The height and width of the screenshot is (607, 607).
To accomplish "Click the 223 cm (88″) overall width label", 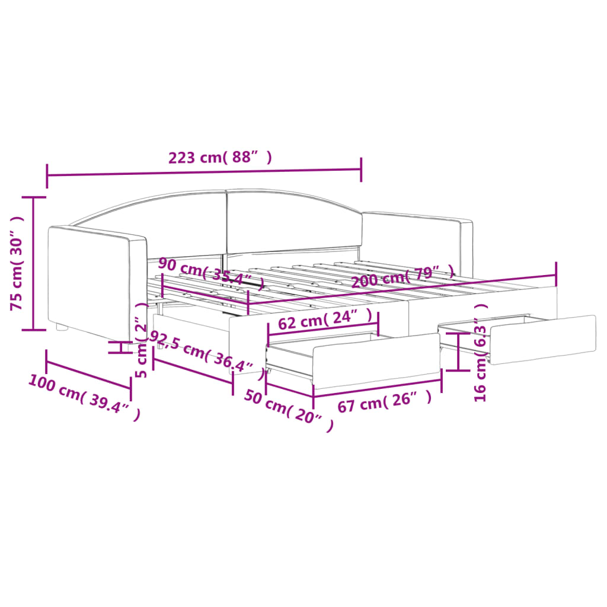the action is (220, 158).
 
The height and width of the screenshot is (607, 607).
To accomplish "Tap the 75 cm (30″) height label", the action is (17, 263).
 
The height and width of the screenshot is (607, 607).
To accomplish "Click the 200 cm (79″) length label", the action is (402, 276).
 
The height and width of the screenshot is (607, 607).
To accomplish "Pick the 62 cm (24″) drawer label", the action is (325, 320).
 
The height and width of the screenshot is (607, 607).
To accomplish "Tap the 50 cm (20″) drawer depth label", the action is (289, 410).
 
